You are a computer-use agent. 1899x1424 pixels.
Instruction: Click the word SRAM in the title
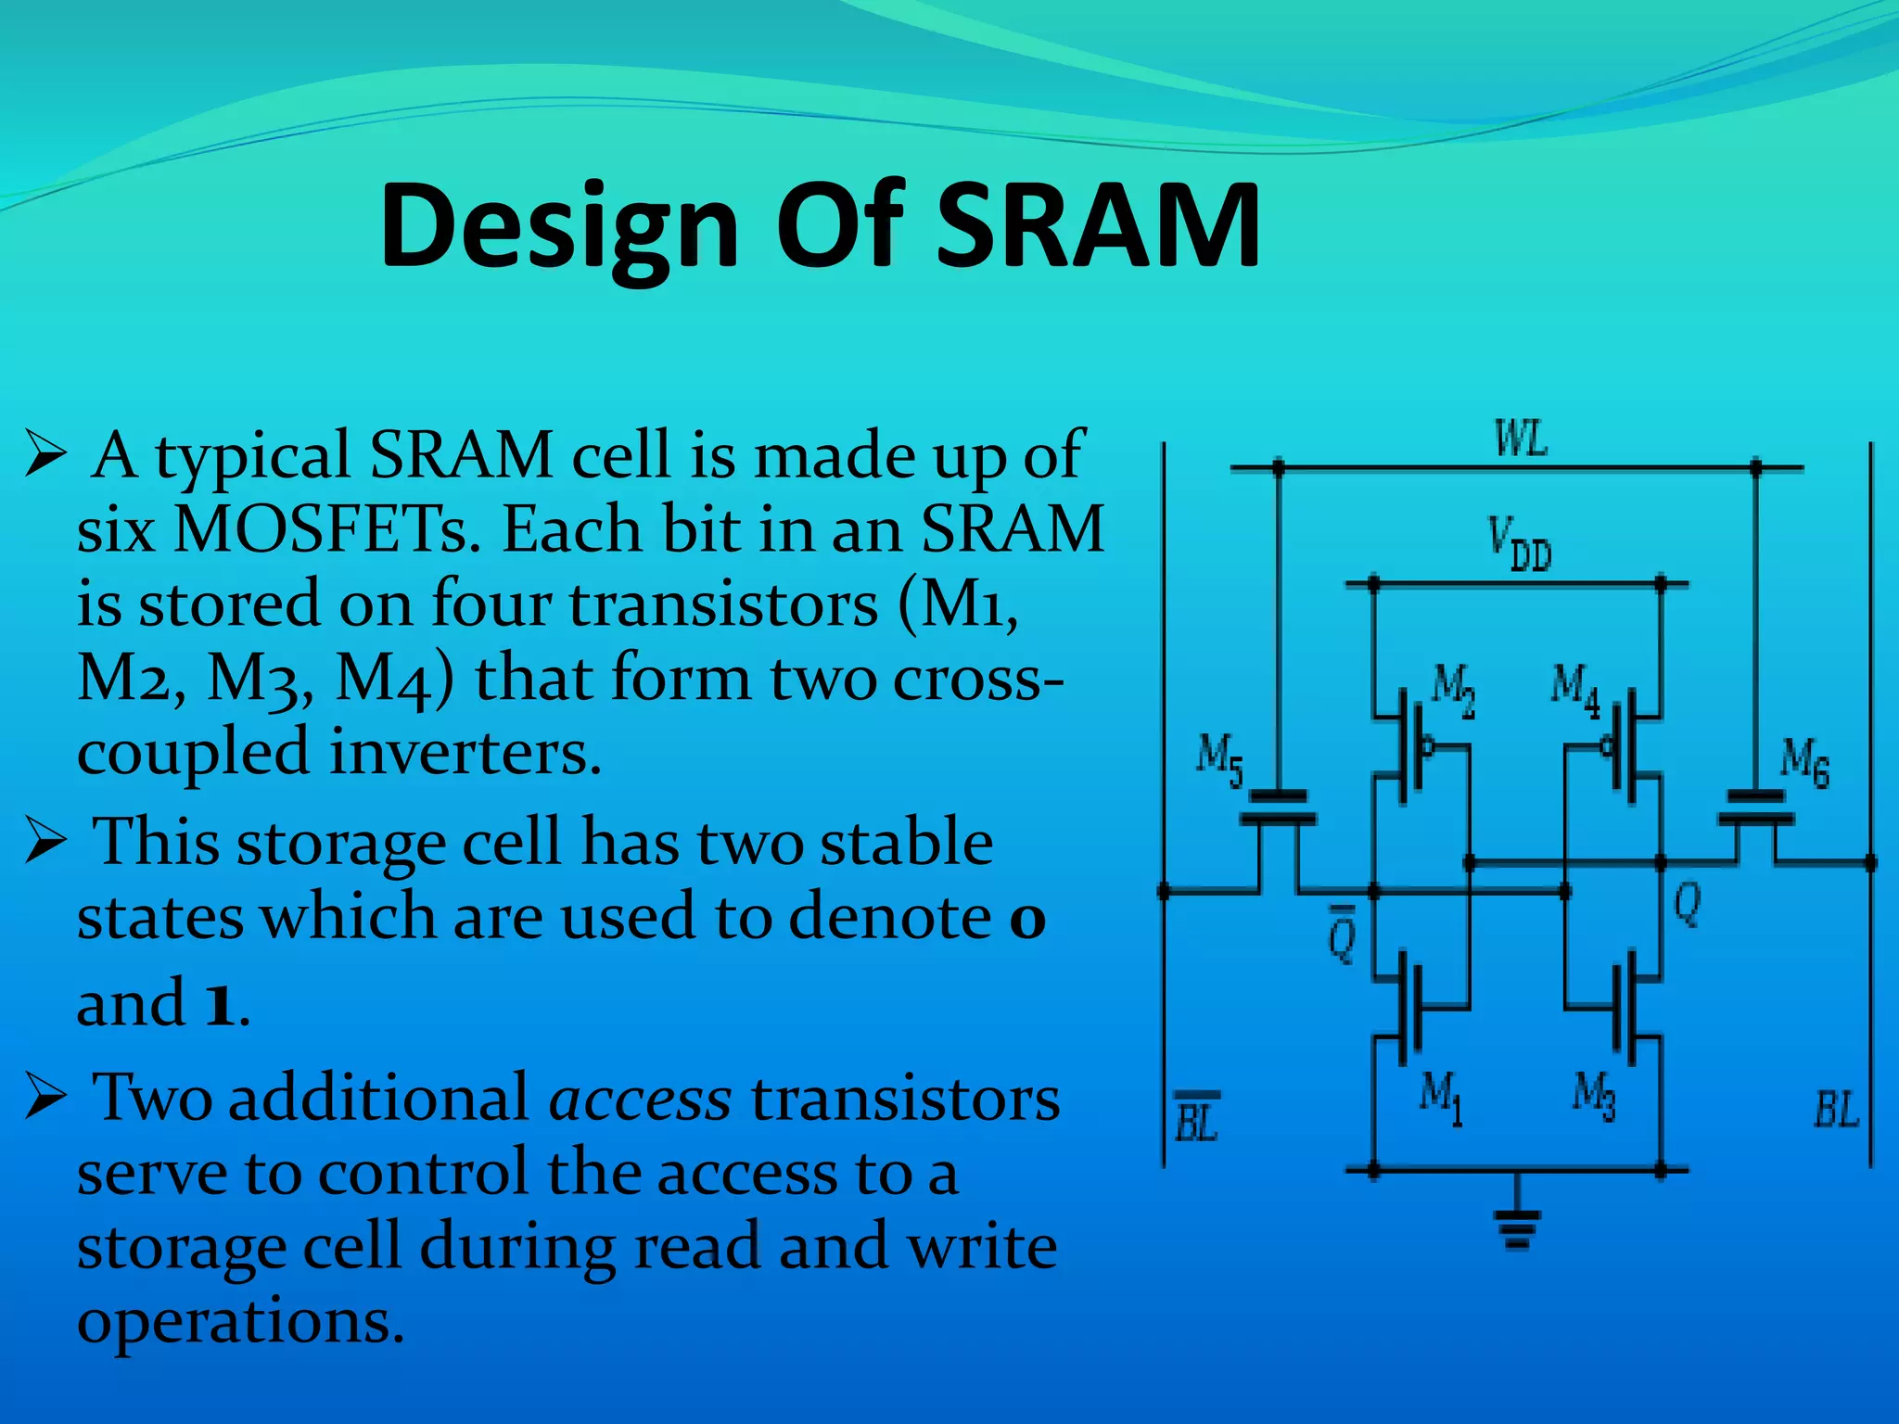pos(1098,225)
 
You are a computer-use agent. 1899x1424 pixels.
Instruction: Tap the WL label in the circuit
pos(1521,439)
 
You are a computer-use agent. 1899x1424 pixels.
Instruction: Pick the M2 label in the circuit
pos(1452,690)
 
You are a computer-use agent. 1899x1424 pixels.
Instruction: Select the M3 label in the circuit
pos(1594,1097)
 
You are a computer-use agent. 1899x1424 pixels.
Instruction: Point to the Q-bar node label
pos(1342,933)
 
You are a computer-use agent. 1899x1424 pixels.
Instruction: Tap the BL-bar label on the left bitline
pos(1196,1117)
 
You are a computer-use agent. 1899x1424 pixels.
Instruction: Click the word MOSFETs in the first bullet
pos(327,530)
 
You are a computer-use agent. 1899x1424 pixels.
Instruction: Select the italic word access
pos(641,1099)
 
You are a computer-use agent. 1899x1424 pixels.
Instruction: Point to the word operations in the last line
pos(241,1321)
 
